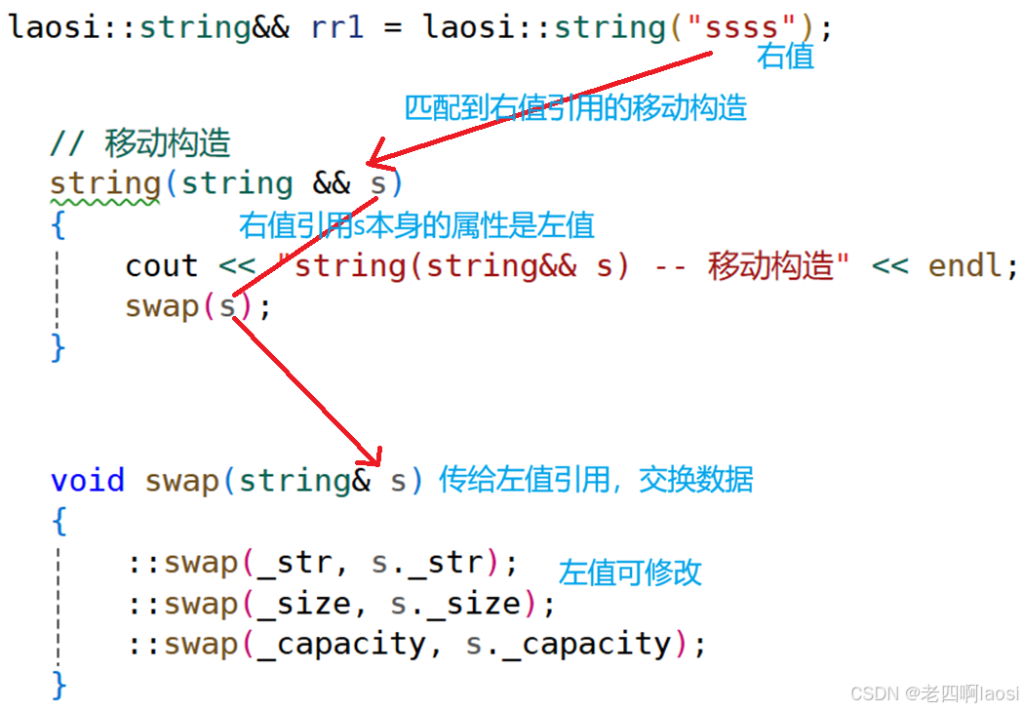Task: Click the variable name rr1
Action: tap(336, 26)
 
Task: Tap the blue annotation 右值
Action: tap(785, 57)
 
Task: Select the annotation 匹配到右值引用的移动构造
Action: tap(575, 107)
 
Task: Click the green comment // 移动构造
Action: tap(140, 143)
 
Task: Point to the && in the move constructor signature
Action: tap(332, 183)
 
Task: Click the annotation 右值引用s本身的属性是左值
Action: tap(416, 225)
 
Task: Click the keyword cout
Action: tap(161, 266)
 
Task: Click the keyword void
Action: tap(88, 480)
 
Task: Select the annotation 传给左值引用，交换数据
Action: tap(596, 480)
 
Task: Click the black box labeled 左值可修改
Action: tap(634, 557)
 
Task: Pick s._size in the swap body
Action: tap(454, 604)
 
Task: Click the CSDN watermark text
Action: tap(934, 693)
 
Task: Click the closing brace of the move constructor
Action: tap(59, 347)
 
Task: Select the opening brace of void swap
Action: tap(59, 522)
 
